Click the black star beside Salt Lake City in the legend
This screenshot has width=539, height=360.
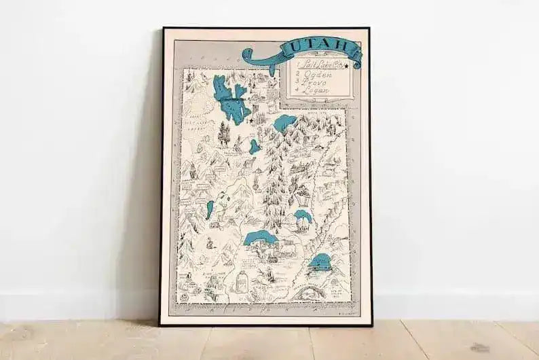click(346, 66)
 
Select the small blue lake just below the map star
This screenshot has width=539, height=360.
click(255, 146)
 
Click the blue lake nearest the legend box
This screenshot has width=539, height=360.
click(284, 124)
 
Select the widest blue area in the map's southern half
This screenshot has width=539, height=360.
click(259, 238)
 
